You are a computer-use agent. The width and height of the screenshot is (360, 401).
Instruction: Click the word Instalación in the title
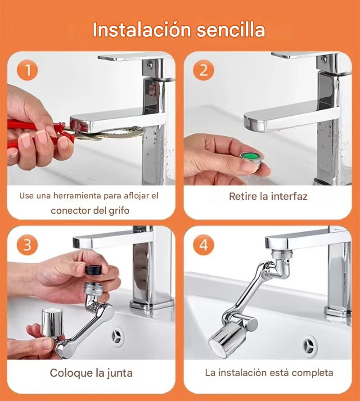click(x=142, y=30)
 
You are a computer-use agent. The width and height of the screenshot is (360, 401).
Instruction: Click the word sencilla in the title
click(x=230, y=30)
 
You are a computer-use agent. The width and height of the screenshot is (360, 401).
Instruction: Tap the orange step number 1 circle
click(x=27, y=70)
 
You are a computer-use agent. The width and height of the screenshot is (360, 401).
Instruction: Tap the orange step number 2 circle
click(x=203, y=70)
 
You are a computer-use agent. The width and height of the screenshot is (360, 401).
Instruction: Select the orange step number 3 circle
click(x=27, y=245)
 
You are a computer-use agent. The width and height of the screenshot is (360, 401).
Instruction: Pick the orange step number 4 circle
click(x=203, y=245)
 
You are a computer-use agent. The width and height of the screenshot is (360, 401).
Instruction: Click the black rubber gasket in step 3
click(x=94, y=270)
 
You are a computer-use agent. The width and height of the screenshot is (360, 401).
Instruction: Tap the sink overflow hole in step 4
click(x=310, y=346)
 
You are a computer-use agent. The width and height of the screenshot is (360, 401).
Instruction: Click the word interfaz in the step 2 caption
click(x=289, y=196)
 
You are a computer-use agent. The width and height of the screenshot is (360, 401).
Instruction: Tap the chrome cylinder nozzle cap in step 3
click(x=52, y=323)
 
